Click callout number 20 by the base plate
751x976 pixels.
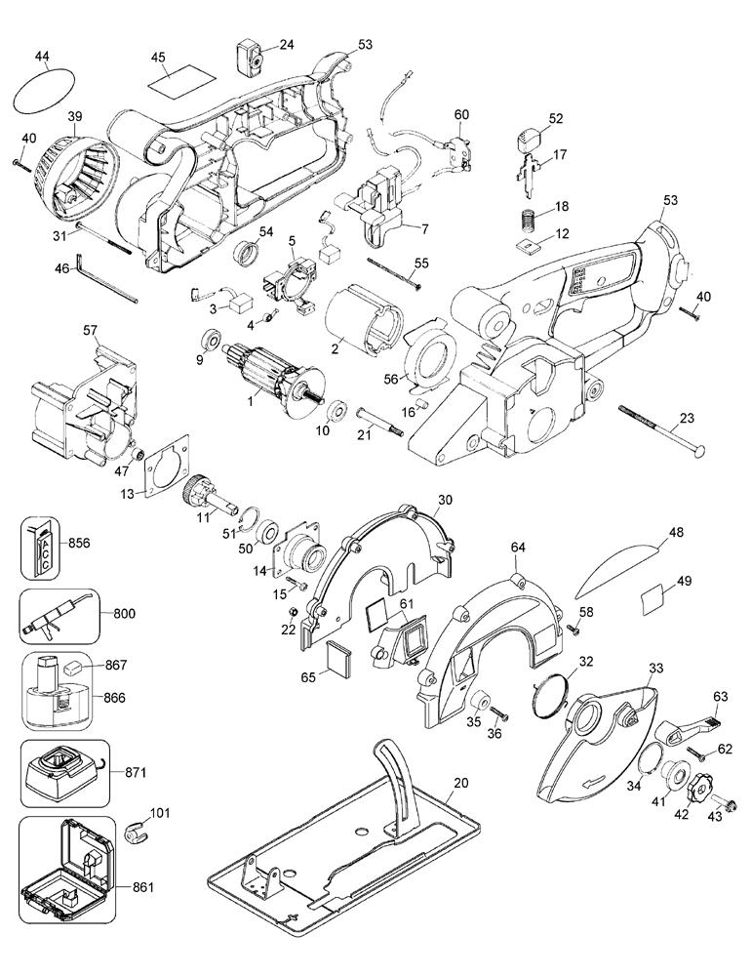point(461,783)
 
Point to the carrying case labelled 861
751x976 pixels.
point(63,857)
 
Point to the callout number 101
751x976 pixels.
point(158,811)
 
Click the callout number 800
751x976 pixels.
point(125,614)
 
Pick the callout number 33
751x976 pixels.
point(656,668)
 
